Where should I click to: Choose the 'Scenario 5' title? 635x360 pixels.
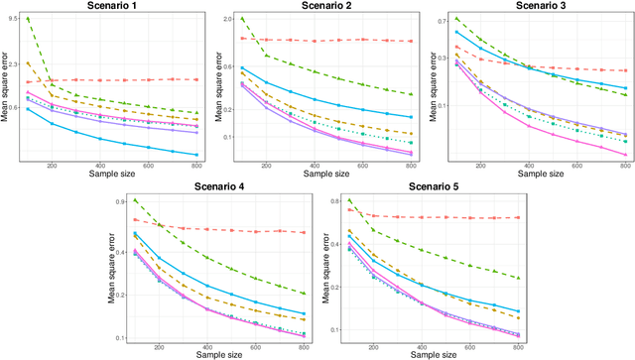pyautogui.click(x=429, y=188)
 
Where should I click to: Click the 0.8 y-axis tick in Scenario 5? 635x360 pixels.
pyautogui.click(x=330, y=201)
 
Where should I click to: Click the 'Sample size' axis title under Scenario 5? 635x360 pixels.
pyautogui.click(x=430, y=356)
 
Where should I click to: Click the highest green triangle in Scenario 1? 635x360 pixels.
pyautogui.click(x=28, y=19)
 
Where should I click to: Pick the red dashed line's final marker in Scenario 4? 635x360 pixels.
pyautogui.click(x=304, y=232)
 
